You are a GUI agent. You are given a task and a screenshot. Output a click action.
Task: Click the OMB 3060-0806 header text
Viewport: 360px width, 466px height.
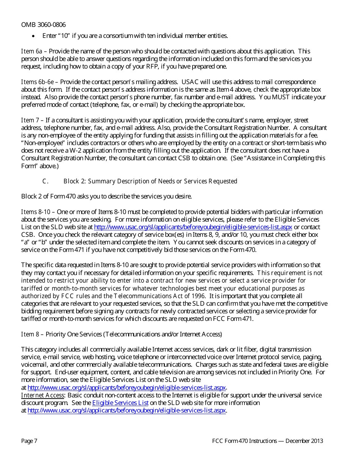43,25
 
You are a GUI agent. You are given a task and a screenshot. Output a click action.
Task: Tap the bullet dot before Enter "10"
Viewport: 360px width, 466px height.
34,36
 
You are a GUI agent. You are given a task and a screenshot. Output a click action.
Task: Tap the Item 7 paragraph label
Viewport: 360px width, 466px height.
30,120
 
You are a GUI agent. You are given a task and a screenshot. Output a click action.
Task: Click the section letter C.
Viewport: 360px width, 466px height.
45,181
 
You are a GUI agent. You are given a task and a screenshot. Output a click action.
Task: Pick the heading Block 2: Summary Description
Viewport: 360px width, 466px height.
150,181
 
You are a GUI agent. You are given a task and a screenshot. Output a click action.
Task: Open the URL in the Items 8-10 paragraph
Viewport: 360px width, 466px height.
193,227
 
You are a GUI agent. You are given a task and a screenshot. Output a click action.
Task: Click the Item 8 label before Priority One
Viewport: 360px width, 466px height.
30,335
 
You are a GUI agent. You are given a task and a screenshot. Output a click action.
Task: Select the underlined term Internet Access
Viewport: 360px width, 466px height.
42,396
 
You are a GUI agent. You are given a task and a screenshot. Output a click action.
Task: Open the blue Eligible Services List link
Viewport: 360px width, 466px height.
120,403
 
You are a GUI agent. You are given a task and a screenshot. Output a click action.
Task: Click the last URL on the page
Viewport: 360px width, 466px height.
127,411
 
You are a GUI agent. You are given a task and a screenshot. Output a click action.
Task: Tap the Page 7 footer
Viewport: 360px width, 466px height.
29,441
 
